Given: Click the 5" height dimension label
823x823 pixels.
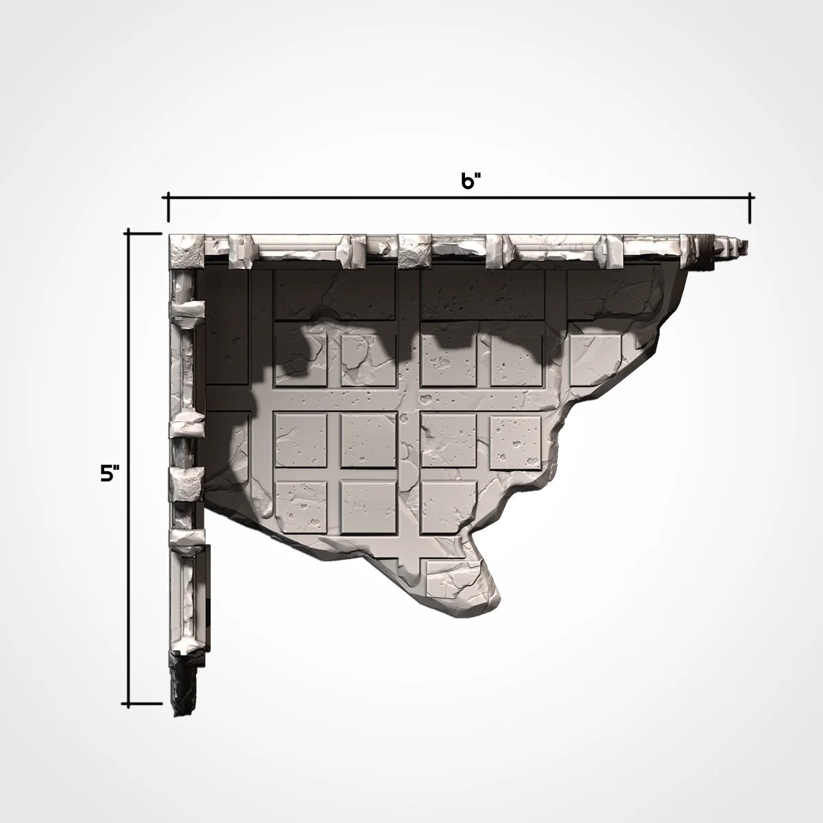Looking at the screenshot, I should (110, 473).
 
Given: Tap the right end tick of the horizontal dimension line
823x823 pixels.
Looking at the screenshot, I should (750, 207).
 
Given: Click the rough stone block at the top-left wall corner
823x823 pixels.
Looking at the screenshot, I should (183, 251).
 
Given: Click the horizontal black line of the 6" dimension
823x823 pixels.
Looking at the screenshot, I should (460, 198).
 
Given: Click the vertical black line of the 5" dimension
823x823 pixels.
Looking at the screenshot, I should (128, 466).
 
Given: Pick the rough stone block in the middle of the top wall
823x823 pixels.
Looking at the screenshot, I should (414, 250).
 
